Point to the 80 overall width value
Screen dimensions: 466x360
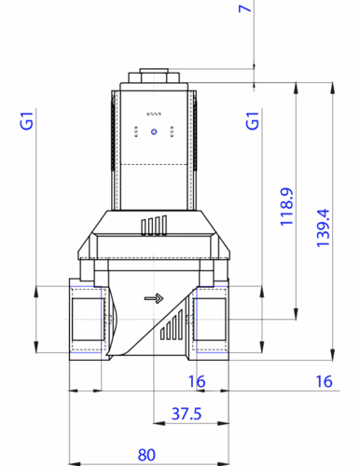(146, 455)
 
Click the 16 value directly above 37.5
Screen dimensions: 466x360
(196, 380)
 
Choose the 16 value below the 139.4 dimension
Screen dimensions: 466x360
(323, 380)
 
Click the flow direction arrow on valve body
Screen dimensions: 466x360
(152, 299)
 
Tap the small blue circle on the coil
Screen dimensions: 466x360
(155, 131)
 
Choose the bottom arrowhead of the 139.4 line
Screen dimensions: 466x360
(333, 356)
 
